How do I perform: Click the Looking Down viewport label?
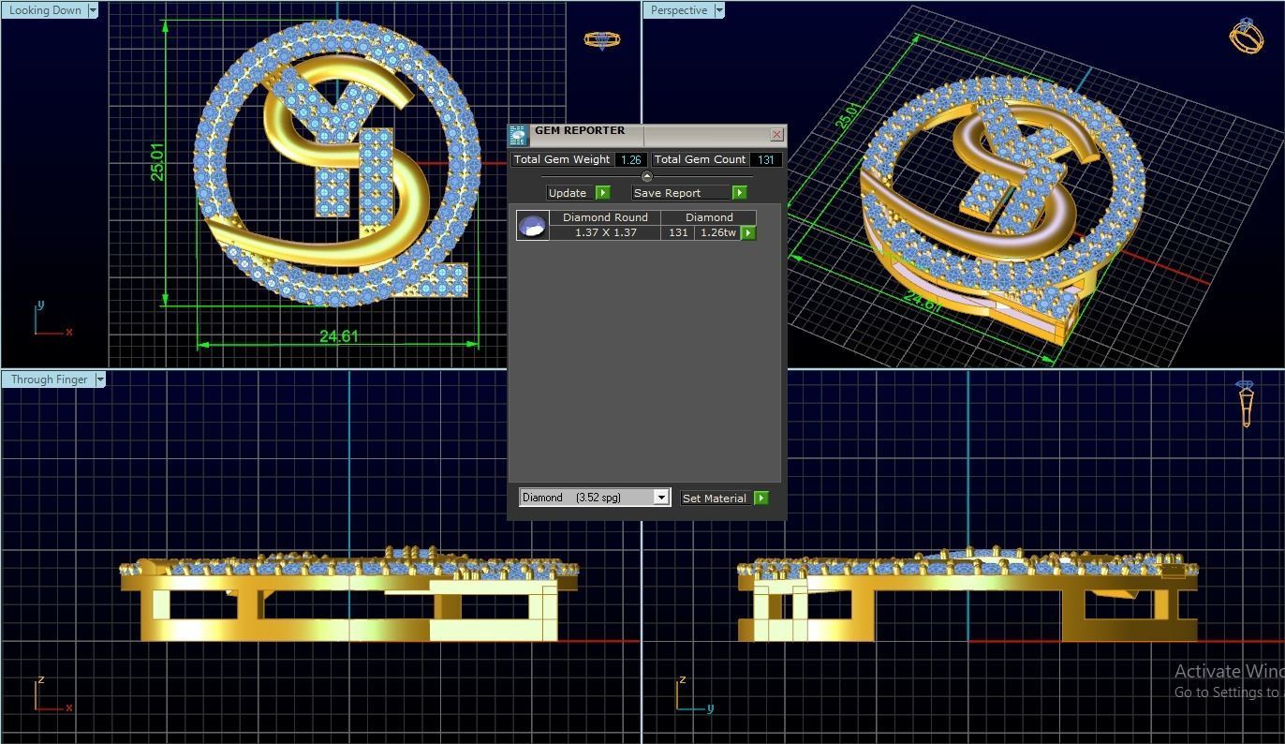(44, 10)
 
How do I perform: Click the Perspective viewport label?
(679, 10)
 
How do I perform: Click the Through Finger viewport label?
(49, 379)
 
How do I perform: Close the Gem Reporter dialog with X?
(776, 135)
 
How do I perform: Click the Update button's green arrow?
(602, 193)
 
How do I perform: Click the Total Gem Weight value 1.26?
(631, 160)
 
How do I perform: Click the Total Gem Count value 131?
(766, 160)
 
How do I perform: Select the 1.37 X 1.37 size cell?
(605, 232)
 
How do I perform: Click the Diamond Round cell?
(605, 217)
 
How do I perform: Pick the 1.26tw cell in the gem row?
(717, 232)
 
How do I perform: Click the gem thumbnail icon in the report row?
(532, 226)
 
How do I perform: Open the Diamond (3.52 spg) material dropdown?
(660, 498)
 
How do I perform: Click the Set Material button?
(715, 498)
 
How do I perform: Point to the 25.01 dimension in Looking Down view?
(157, 161)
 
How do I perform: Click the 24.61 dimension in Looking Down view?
(338, 336)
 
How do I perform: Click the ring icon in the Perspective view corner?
(1247, 37)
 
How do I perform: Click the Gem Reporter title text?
(579, 131)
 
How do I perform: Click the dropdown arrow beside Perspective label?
(719, 10)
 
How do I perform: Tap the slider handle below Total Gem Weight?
(646, 176)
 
